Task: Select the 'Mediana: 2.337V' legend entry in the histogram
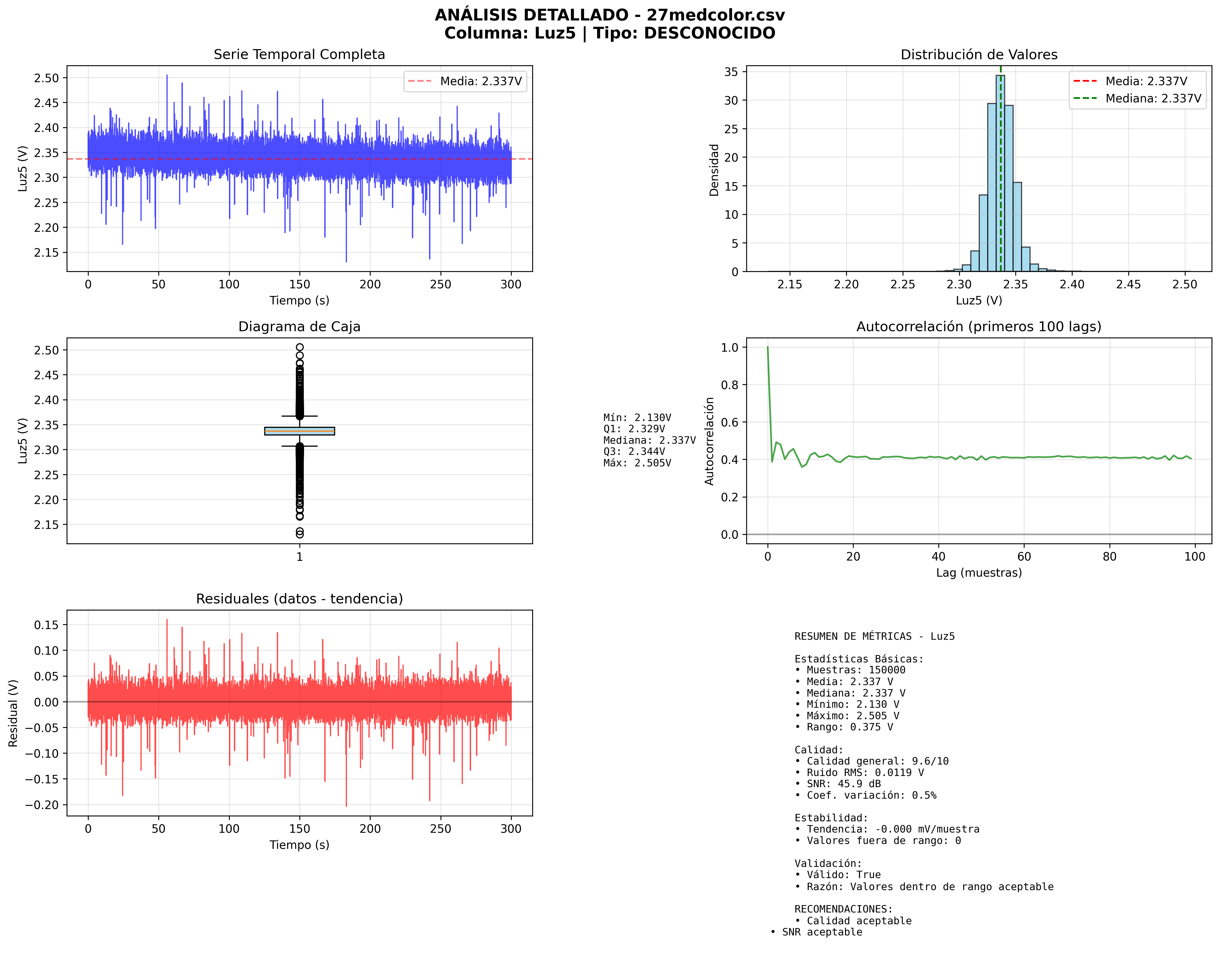[x=1153, y=99]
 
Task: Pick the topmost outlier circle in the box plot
[x=300, y=347]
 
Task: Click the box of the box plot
[x=300, y=431]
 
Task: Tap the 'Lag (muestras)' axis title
[x=978, y=573]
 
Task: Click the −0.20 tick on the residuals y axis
[x=43, y=805]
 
